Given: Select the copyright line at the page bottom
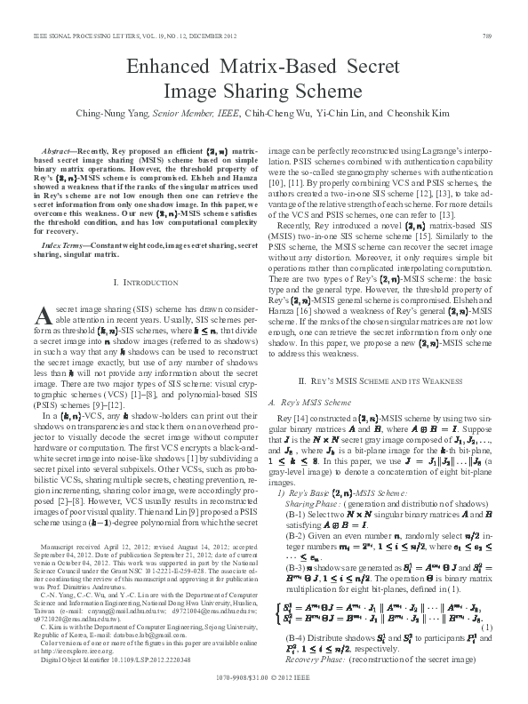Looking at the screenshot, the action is coord(264,689).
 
